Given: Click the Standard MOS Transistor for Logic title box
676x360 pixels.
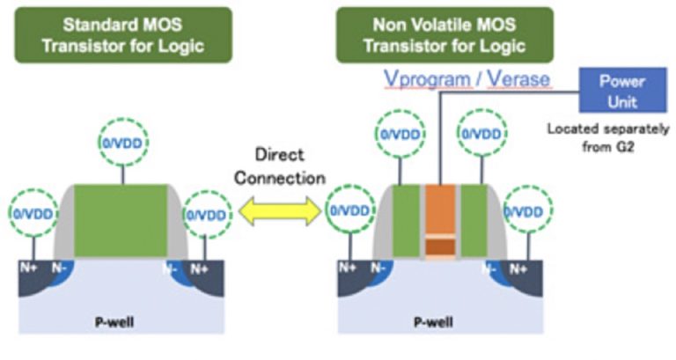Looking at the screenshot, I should click(x=123, y=35).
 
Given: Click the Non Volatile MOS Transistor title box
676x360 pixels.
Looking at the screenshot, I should click(x=445, y=35).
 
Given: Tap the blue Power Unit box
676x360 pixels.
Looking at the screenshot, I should click(x=621, y=92).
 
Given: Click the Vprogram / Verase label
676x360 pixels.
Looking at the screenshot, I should click(x=467, y=80).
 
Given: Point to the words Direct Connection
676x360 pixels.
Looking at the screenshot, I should click(x=280, y=167).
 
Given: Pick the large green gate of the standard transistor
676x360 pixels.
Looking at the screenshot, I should click(x=121, y=220).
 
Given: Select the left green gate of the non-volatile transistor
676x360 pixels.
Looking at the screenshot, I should click(x=406, y=220).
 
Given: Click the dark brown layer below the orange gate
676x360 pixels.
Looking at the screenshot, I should click(x=441, y=248).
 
